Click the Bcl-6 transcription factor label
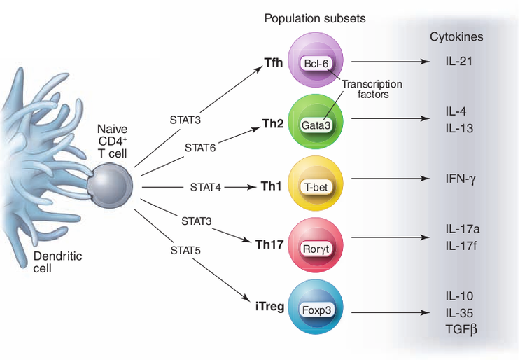tap(317, 63)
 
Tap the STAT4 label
tap(205, 187)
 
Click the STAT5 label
tap(188, 249)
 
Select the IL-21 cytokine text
tap(459, 62)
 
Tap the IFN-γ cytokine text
tap(461, 179)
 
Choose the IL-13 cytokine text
tap(459, 128)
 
